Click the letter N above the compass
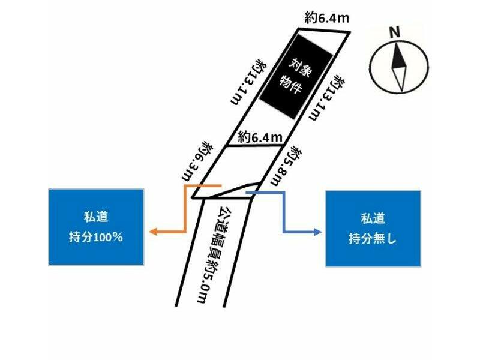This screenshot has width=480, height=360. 395,33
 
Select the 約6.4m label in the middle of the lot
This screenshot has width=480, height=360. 260,137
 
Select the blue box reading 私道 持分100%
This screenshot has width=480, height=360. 97,227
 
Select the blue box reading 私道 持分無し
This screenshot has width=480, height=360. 373,228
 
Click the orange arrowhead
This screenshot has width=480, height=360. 154,232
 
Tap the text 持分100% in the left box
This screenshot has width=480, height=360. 97,237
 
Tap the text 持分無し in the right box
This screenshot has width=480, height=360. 373,238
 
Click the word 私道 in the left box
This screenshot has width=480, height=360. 97,217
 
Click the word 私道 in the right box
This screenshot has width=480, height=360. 373,218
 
